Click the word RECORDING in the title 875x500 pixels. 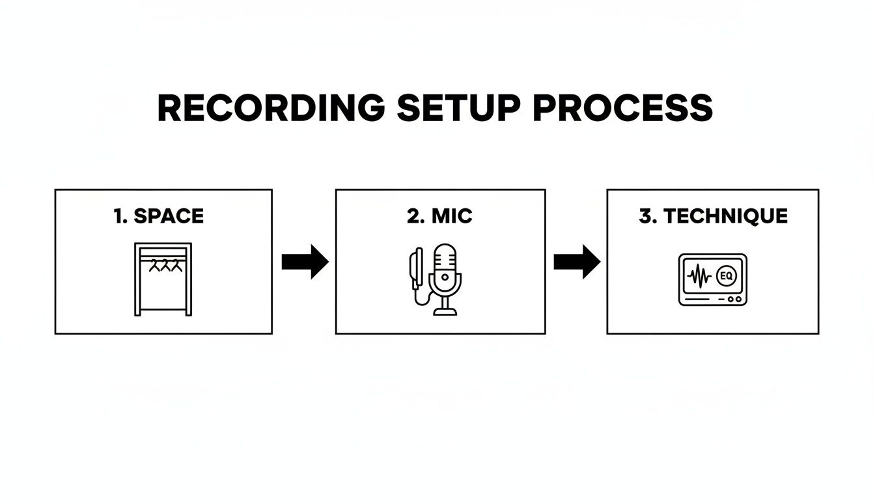pyautogui.click(x=271, y=108)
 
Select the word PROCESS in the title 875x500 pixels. pyautogui.click(x=623, y=108)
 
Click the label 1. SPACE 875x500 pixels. pyautogui.click(x=159, y=217)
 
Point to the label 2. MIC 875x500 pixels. pyautogui.click(x=439, y=217)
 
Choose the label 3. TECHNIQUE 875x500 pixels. pyautogui.click(x=713, y=217)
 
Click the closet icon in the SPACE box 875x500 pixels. pyautogui.click(x=163, y=279)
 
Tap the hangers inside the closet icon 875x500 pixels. pyautogui.click(x=163, y=265)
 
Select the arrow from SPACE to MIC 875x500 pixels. pyautogui.click(x=305, y=262)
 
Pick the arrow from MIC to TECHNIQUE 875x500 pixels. pyautogui.click(x=577, y=262)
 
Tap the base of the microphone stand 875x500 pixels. pyautogui.click(x=445, y=312)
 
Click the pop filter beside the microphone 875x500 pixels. pyautogui.click(x=415, y=267)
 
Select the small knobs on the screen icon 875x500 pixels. pyautogui.click(x=734, y=299)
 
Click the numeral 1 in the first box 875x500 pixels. pyautogui.click(x=118, y=217)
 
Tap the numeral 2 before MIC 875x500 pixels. pyautogui.click(x=413, y=217)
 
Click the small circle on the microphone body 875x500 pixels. pyautogui.click(x=445, y=277)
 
